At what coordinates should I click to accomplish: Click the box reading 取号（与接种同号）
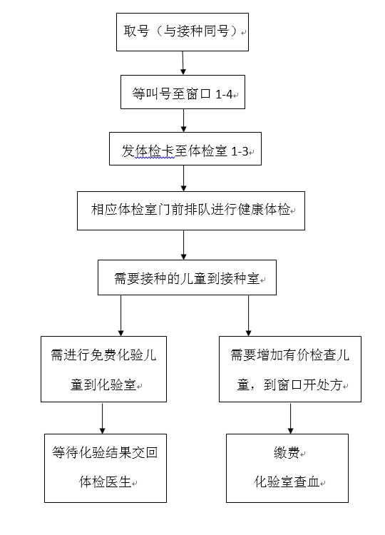click(x=183, y=32)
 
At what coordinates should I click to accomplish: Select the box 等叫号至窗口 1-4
click(x=183, y=92)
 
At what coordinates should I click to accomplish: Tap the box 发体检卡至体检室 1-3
click(x=185, y=149)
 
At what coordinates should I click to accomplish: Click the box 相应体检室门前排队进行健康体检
click(x=191, y=210)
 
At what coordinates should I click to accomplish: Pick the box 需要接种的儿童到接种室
click(x=187, y=277)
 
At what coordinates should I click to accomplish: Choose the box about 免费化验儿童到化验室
click(x=103, y=370)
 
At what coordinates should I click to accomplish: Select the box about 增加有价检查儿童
click(x=290, y=370)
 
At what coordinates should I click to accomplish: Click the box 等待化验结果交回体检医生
click(x=106, y=468)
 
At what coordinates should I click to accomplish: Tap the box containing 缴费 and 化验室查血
click(x=287, y=468)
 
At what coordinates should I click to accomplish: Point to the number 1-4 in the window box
click(x=224, y=94)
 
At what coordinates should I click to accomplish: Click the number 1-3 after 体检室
click(x=240, y=151)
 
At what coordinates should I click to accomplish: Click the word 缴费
click(x=287, y=453)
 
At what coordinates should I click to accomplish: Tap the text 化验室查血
click(x=287, y=481)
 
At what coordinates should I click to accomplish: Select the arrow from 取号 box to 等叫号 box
click(x=183, y=63)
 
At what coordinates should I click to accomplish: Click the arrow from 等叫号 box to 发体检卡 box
click(x=183, y=121)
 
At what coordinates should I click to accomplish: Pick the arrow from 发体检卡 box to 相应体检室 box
click(x=183, y=178)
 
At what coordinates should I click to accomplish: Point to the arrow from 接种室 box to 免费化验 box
click(x=120, y=315)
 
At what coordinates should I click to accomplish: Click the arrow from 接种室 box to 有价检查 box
click(x=248, y=315)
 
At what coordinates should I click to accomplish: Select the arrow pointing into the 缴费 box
click(x=291, y=418)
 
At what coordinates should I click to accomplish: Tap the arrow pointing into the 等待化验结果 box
click(x=102, y=418)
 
